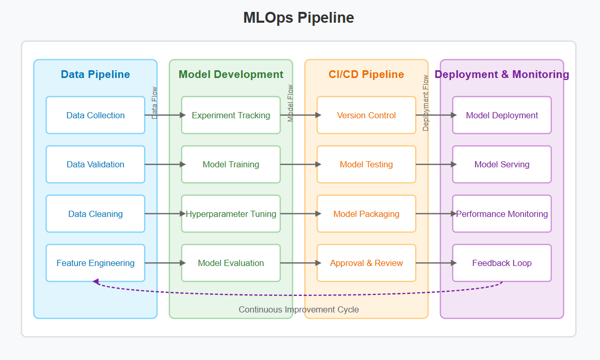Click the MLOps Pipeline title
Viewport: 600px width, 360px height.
(x=298, y=18)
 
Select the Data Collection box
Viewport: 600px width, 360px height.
(x=96, y=115)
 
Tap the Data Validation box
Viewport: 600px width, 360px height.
(x=96, y=164)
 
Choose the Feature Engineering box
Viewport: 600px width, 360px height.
(x=96, y=263)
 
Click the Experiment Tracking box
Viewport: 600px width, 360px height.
(x=231, y=115)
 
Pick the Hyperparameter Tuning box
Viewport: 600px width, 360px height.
(x=231, y=214)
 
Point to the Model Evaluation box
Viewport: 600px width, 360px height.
(x=231, y=263)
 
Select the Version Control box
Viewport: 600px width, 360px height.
(x=366, y=115)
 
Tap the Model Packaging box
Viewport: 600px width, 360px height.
(x=366, y=214)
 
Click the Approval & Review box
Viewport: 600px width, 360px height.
(x=366, y=263)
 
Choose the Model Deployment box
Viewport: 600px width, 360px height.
(x=502, y=115)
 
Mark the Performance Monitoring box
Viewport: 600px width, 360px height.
(x=502, y=214)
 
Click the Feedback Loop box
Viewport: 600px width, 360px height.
(x=502, y=263)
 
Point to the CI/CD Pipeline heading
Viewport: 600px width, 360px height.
(x=366, y=74)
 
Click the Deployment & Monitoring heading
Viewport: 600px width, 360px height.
(x=502, y=74)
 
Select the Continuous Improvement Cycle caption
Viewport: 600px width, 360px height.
(x=298, y=309)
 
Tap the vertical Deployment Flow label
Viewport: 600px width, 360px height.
(x=426, y=103)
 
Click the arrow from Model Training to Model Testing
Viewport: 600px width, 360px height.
(x=299, y=165)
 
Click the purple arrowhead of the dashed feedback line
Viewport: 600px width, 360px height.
(x=96, y=281)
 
